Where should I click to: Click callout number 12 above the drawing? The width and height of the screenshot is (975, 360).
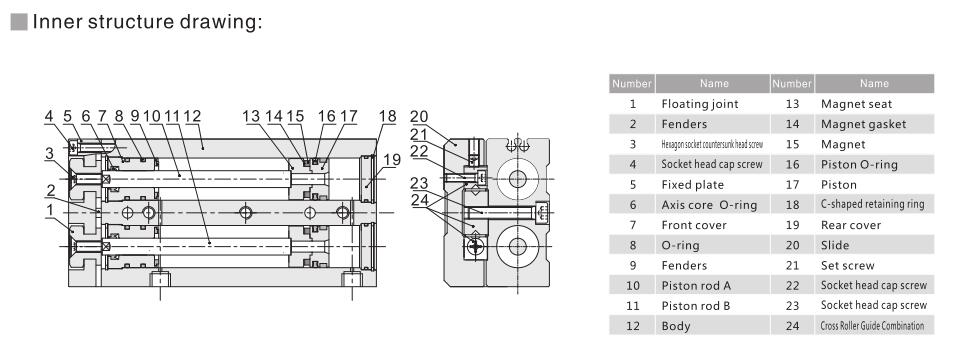[192, 116]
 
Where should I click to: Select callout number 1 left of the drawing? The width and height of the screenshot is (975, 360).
[48, 209]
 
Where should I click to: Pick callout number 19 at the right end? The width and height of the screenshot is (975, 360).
[393, 159]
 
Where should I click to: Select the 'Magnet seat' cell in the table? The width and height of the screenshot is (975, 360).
[857, 103]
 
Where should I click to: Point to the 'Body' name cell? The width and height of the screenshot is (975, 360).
[676, 326]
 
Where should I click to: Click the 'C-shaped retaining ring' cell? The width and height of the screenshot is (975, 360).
[872, 204]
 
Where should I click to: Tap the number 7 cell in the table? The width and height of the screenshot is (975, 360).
[632, 225]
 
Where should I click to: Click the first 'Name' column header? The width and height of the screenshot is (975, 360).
[713, 83]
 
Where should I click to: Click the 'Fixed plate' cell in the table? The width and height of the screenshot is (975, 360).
[691, 184]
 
